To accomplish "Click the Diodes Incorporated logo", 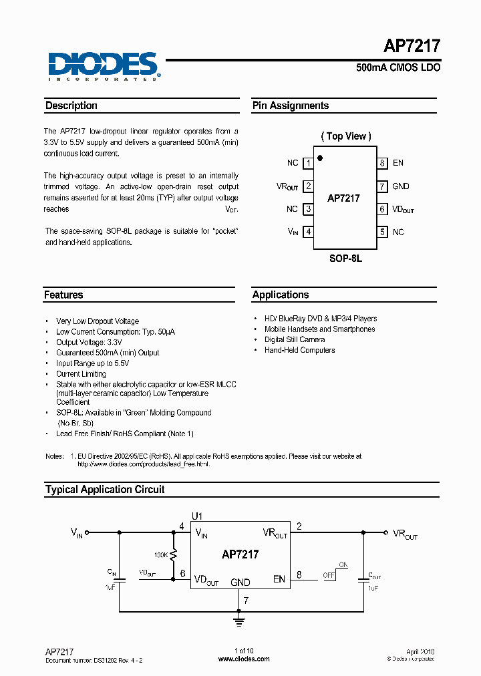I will (102, 65).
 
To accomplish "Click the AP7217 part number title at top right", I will (412, 46).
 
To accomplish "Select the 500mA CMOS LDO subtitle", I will (398, 68).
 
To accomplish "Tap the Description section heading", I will (71, 106).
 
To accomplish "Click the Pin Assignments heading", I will (291, 106).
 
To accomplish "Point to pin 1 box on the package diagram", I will (308, 163).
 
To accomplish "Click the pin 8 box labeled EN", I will (382, 163).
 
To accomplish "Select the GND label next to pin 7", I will (401, 186).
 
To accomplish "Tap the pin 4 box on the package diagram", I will (308, 232).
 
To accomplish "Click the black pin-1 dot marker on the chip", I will (320, 158).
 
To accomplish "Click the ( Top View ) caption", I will (346, 136).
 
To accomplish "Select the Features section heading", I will (64, 295).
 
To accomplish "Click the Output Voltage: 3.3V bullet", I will (89, 342).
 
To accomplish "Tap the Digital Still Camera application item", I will (295, 339).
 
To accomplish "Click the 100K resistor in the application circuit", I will (173, 554).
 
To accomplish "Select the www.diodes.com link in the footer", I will (244, 659).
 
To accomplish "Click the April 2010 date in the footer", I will (420, 651).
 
